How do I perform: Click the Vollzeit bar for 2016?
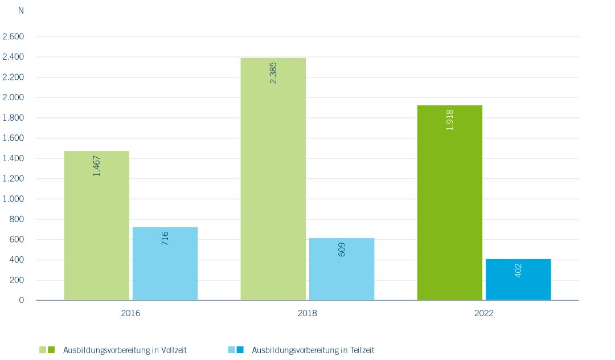click(96, 226)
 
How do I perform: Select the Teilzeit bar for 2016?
click(165, 264)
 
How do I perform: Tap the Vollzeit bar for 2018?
click(273, 179)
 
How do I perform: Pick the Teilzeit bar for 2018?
click(342, 269)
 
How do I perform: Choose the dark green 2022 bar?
click(449, 203)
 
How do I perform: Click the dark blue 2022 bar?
click(518, 280)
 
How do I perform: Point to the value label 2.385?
click(273, 73)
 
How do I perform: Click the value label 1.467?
click(96, 166)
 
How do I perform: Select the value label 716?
click(165, 239)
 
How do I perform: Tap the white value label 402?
click(518, 271)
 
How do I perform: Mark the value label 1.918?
click(449, 120)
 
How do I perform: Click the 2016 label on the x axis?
click(130, 313)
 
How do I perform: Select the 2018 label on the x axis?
click(307, 313)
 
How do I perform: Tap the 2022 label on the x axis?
click(483, 313)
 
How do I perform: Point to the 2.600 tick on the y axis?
click(13, 36)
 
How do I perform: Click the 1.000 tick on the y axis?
click(13, 199)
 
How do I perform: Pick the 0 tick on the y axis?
click(21, 300)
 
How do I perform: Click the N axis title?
click(21, 11)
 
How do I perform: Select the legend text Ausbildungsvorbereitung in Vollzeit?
click(125, 350)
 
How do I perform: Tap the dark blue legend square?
click(240, 350)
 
